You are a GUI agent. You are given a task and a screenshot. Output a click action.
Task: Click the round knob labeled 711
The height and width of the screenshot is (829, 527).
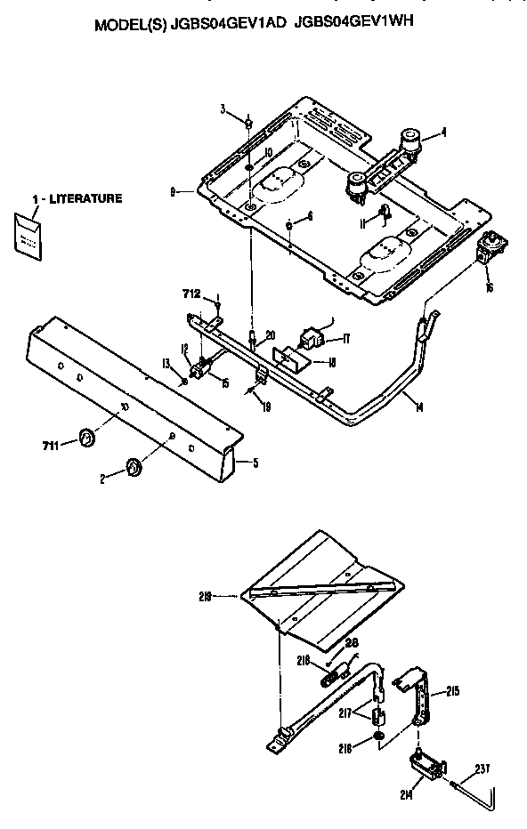point(87,437)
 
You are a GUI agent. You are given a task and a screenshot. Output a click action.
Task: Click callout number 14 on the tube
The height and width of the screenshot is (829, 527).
point(418,406)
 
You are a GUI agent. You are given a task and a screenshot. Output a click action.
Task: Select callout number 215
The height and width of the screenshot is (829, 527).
point(453,690)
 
